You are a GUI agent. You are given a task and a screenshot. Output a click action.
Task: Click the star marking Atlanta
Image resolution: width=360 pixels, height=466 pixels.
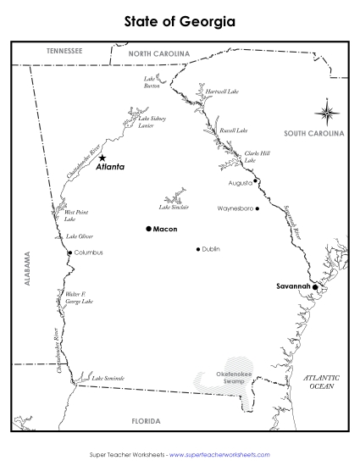[102, 158]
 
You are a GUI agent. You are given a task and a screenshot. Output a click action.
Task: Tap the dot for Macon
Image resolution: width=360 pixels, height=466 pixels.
[148, 229]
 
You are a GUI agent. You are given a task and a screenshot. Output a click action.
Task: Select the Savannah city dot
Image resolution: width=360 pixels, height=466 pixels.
[315, 287]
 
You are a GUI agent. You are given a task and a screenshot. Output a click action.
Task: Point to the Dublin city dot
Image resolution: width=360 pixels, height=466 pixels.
[198, 249]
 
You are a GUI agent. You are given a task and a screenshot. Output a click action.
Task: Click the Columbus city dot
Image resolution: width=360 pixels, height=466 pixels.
[69, 252]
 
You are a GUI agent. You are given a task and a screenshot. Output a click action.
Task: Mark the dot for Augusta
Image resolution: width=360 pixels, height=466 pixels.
[255, 180]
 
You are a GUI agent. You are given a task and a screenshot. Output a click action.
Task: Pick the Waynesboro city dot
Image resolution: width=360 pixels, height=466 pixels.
[257, 208]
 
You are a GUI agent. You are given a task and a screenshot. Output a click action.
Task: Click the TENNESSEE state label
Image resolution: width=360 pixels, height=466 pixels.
[64, 52]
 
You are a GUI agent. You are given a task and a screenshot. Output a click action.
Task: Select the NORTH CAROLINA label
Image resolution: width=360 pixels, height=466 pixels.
[159, 53]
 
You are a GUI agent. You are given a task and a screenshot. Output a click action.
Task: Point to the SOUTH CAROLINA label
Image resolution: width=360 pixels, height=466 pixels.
[313, 134]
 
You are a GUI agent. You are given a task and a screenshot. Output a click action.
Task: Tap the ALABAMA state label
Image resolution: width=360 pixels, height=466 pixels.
[26, 270]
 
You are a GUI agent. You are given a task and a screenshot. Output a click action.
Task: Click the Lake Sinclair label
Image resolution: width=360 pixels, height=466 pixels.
[174, 207]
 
